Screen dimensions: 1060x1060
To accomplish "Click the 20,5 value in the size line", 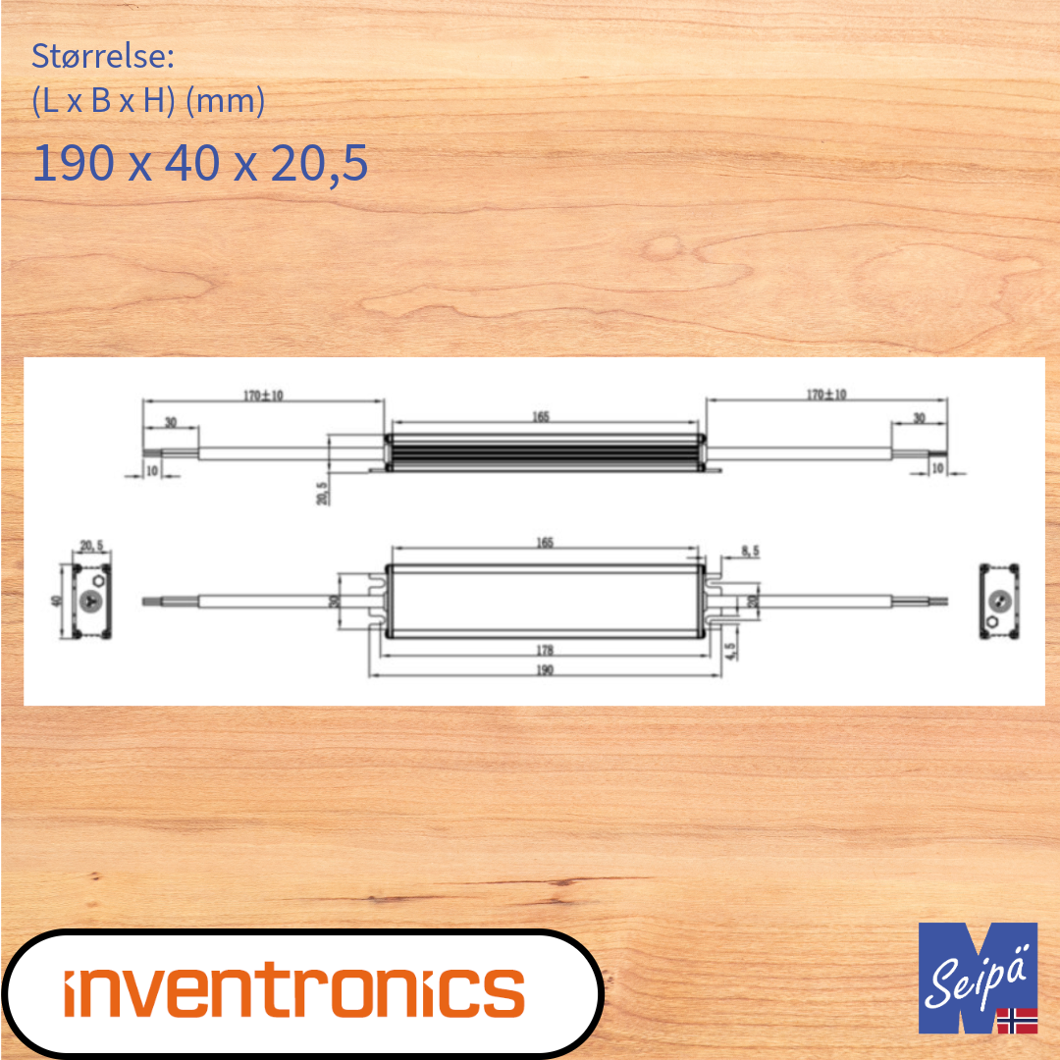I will coord(320,163).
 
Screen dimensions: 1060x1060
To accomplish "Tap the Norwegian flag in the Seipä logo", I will coord(1017,1020).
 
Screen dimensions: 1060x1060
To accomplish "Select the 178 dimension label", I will coord(546,650).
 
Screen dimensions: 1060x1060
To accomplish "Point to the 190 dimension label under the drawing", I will coord(546,669).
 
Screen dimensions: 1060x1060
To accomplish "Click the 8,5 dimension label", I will coord(750,553).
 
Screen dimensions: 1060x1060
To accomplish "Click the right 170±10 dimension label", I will coord(826,395).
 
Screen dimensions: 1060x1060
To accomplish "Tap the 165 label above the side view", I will coord(541,417).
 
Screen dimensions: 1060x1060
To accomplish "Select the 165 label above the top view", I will coord(546,543).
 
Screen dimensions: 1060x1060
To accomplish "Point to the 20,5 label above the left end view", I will coord(91,546).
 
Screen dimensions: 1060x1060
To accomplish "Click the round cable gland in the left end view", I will coord(92,602).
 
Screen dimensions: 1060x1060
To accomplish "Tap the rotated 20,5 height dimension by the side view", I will coord(321,491).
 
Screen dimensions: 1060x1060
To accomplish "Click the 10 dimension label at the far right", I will coord(937,470).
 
